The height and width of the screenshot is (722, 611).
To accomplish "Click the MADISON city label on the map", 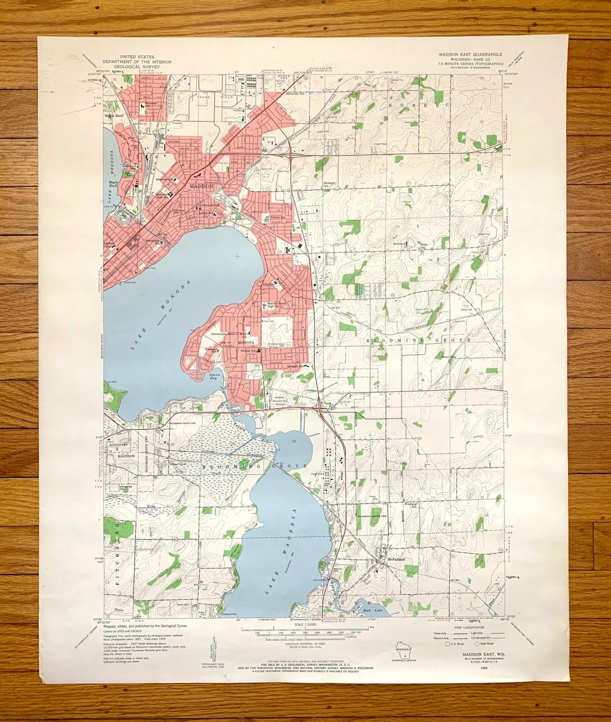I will click(x=202, y=186).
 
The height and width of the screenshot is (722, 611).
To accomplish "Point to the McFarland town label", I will click(x=394, y=560).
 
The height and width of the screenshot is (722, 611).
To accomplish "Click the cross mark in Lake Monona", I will click(x=236, y=257).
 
